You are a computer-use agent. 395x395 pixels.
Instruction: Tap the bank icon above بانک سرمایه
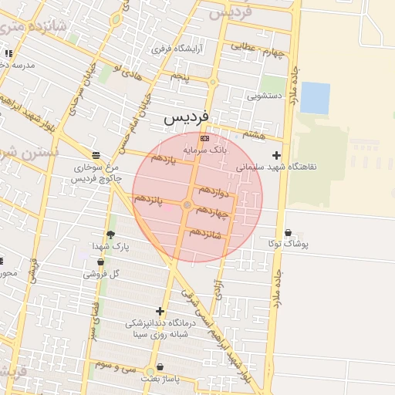tap(204, 137)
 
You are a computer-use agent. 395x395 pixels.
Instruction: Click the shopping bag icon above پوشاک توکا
tap(288, 232)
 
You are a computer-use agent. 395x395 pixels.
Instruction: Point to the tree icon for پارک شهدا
tap(110, 235)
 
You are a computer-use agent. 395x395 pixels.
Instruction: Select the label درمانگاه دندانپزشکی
tap(160, 323)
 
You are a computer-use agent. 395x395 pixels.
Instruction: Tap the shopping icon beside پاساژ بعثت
tap(160, 367)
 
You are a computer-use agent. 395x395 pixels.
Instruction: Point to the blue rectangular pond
tap(315, 98)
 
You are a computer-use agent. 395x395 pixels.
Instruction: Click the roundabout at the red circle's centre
tap(187, 204)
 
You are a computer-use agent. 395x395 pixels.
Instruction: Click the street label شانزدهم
tap(206, 232)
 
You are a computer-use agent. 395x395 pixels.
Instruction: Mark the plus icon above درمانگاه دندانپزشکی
tap(160, 311)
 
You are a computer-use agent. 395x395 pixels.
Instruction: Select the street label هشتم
tap(252, 134)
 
